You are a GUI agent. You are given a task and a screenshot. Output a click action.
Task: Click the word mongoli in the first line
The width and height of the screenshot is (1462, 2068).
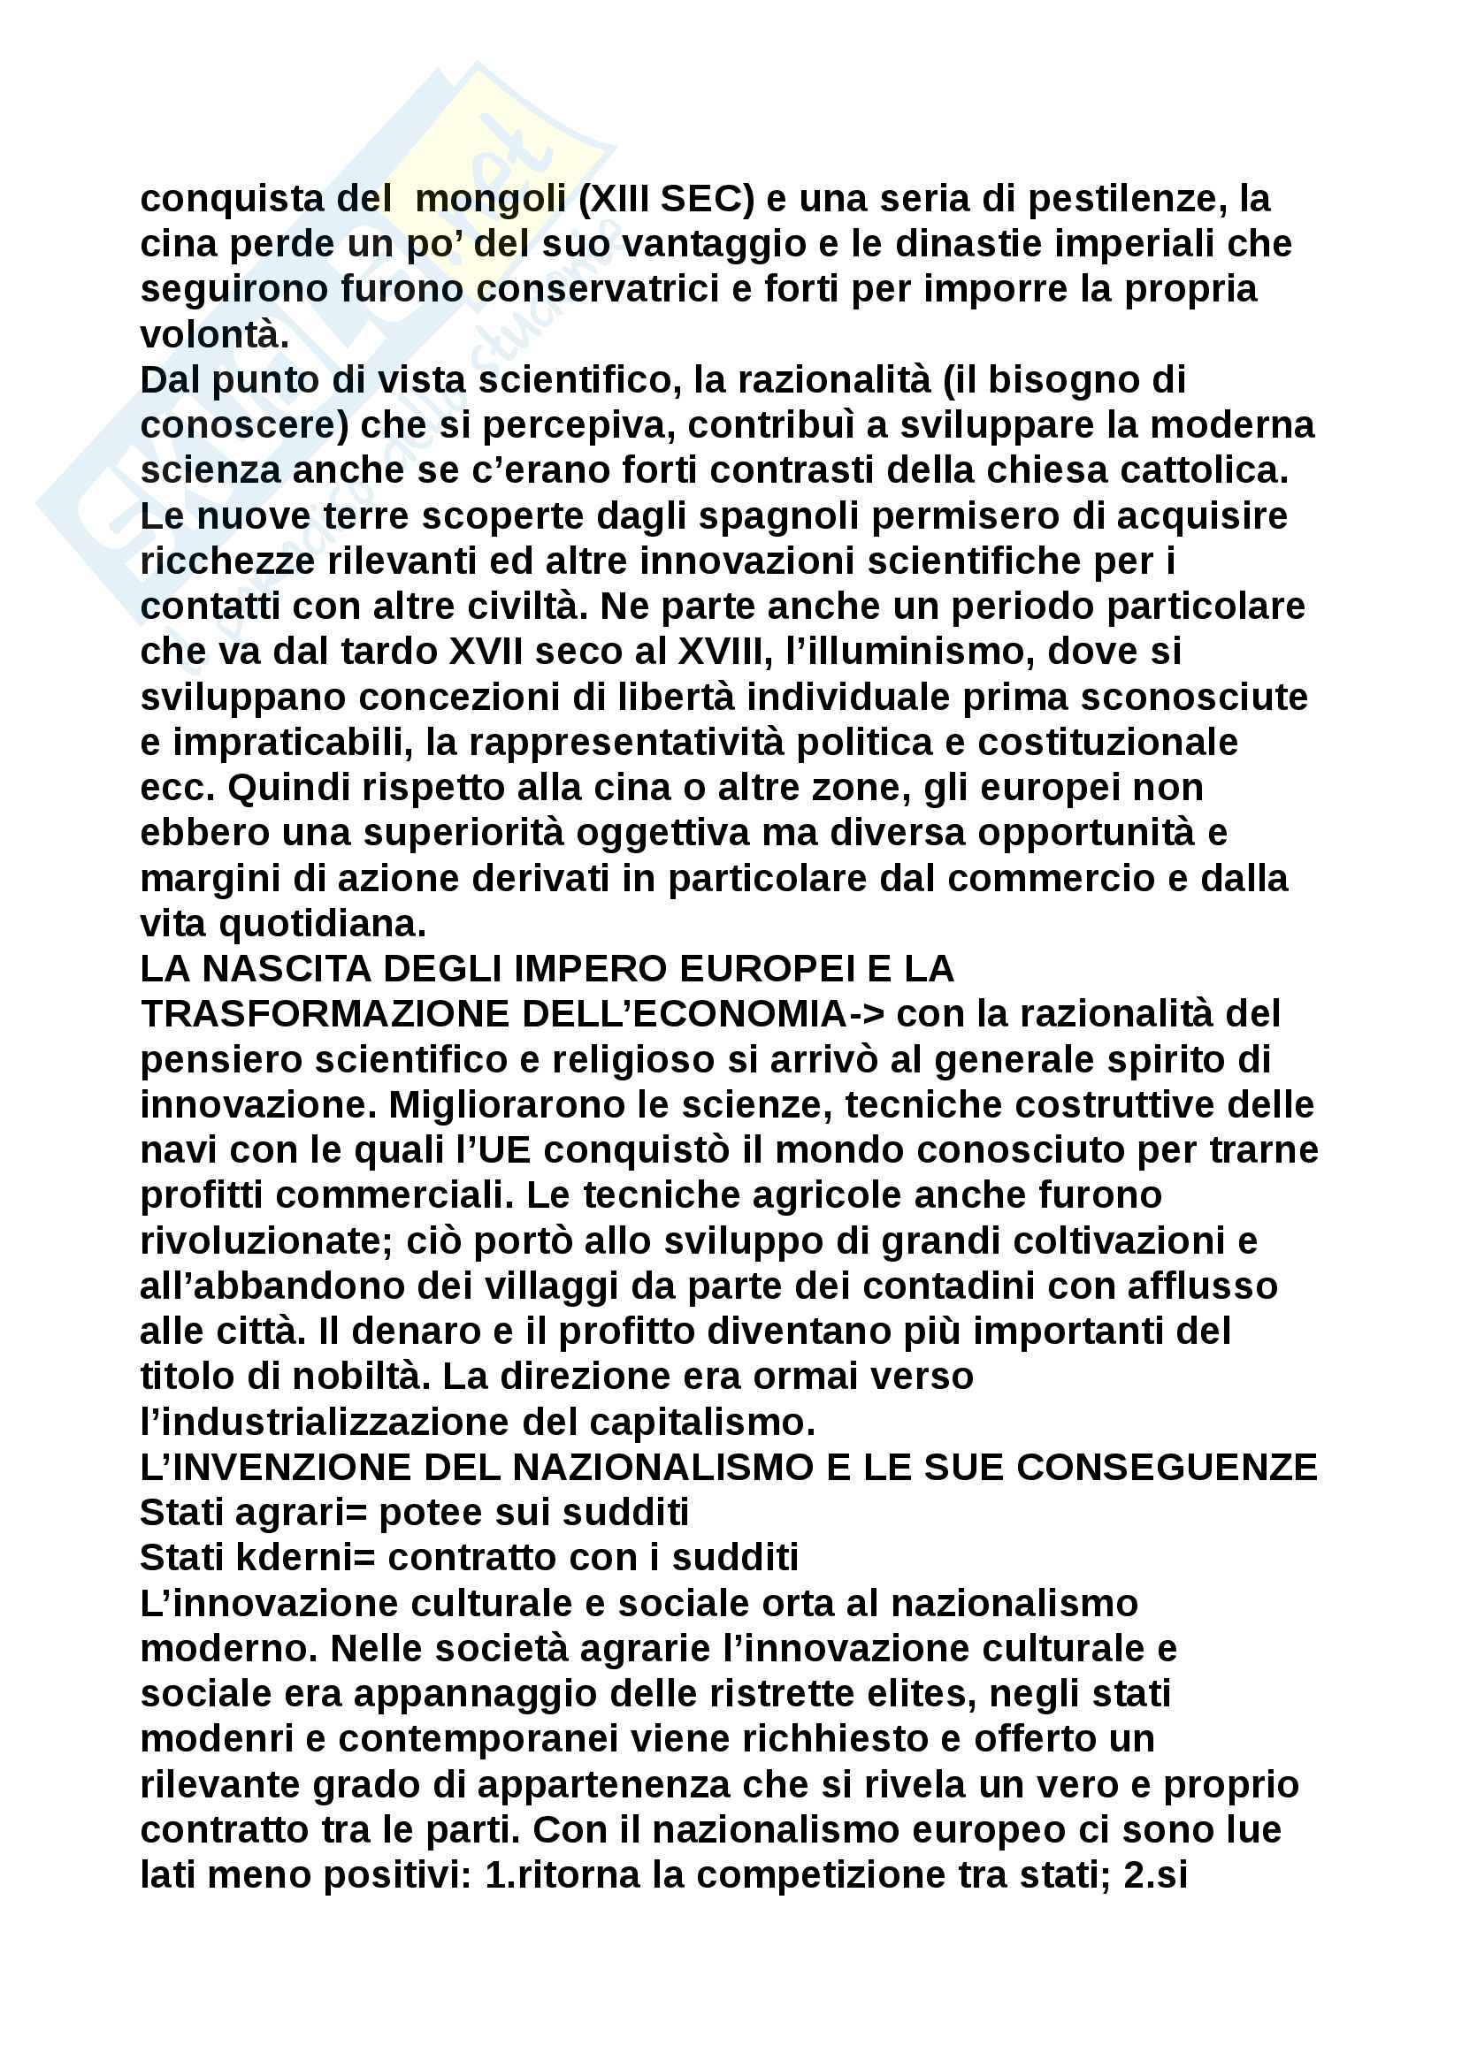point(490,199)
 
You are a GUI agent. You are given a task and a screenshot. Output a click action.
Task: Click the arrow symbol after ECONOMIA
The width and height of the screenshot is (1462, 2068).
point(866,1014)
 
